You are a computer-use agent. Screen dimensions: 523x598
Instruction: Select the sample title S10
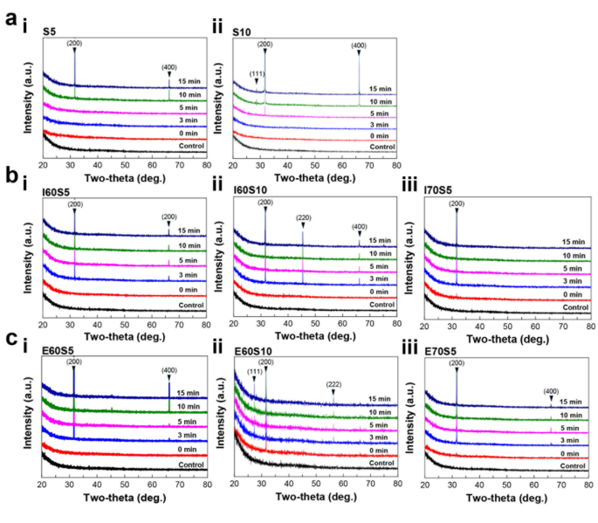pyautogui.click(x=242, y=32)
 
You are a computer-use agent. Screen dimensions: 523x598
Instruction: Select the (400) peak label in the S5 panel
pyautogui.click(x=169, y=66)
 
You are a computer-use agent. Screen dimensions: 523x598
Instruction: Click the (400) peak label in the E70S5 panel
pyautogui.click(x=550, y=390)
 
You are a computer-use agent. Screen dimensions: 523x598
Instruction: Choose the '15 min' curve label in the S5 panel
pyautogui.click(x=189, y=82)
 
